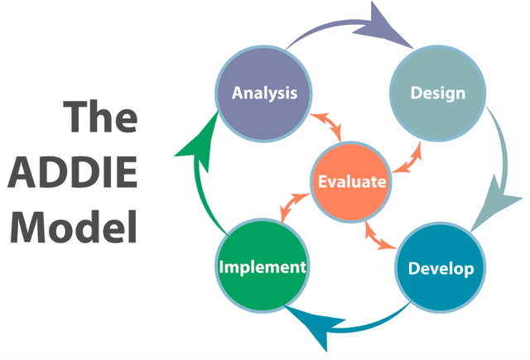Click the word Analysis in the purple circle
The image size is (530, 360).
click(265, 94)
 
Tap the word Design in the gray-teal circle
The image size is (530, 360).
click(438, 94)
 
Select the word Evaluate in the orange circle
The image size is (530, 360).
click(352, 182)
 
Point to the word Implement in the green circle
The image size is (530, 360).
click(263, 267)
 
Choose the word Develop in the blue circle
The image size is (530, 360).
click(441, 269)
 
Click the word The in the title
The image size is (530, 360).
click(101, 116)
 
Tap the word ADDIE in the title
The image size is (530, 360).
click(73, 172)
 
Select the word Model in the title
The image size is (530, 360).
click(74, 226)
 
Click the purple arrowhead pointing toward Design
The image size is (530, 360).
click(382, 27)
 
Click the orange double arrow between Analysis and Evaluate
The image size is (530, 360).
click(326, 127)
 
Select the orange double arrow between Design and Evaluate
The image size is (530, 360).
click(407, 158)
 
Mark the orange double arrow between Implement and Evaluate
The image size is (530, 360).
click(295, 208)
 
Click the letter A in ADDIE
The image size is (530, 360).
click(22, 172)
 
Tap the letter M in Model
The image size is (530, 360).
click(27, 226)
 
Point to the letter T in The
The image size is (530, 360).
click(76, 116)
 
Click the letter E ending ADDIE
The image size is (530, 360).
click(128, 172)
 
